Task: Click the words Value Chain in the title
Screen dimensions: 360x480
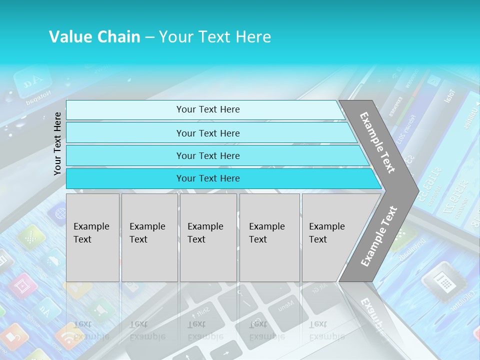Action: (94, 37)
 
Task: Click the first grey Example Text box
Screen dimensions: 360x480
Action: (92, 237)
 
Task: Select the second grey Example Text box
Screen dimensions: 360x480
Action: (149, 237)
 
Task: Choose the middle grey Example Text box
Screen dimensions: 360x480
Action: (208, 237)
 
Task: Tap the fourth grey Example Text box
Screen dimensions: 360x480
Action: (269, 237)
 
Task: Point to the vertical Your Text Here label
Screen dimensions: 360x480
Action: (57, 143)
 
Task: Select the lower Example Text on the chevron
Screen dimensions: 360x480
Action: (379, 236)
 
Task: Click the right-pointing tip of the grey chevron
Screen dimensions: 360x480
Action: (416, 189)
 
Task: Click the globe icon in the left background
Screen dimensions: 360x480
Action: (59, 214)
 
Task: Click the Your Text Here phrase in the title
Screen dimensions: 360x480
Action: (215, 37)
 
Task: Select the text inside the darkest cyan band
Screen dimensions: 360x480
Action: (208, 178)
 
